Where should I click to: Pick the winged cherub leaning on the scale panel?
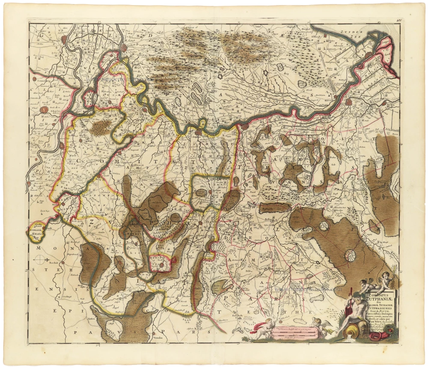[x=319, y=325]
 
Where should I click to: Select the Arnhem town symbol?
[x=124, y=48]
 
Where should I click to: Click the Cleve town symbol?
[x=45, y=109]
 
